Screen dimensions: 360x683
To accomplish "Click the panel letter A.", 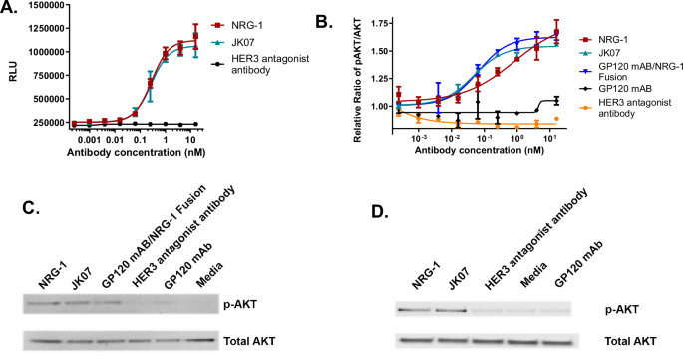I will pyautogui.click(x=13, y=10).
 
